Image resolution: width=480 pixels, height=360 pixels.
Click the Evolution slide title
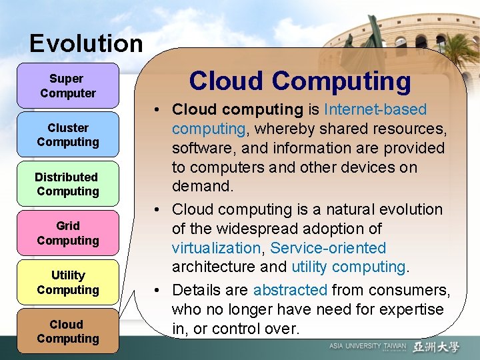pyautogui.click(x=86, y=44)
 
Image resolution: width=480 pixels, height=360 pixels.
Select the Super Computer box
pyautogui.click(x=68, y=86)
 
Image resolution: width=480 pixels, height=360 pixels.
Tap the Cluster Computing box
pyautogui.click(x=68, y=135)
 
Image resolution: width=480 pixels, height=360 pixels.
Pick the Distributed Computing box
pyautogui.click(x=67, y=184)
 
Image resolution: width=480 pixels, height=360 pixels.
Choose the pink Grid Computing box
pyautogui.click(x=68, y=233)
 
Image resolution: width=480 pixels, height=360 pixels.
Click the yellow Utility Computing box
pyautogui.click(x=68, y=283)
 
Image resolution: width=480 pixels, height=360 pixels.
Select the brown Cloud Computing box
pyautogui.click(x=68, y=331)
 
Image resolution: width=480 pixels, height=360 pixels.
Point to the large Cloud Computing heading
pyautogui.click(x=300, y=81)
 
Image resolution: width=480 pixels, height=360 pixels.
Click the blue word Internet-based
pyautogui.click(x=375, y=109)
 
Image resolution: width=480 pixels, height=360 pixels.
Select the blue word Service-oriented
pyautogui.click(x=328, y=248)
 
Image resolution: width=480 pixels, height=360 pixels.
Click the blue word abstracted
pyautogui.click(x=290, y=290)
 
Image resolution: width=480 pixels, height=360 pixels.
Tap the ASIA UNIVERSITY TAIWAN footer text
pyautogui.click(x=367, y=347)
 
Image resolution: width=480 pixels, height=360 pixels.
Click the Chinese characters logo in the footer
pyautogui.click(x=436, y=347)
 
